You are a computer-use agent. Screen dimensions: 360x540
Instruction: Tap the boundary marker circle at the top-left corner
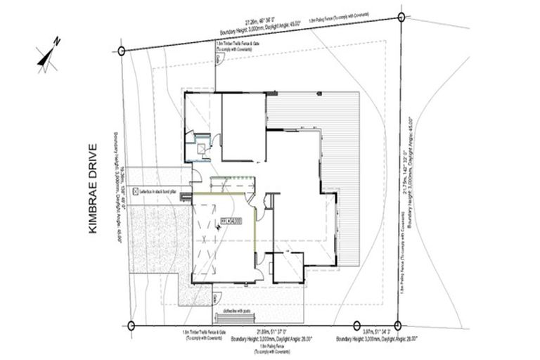[122, 51]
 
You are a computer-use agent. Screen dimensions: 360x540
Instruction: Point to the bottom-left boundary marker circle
[131, 325]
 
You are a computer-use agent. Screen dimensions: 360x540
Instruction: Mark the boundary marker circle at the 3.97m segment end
[397, 325]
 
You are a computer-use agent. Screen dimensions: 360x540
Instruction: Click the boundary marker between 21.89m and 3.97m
[349, 325]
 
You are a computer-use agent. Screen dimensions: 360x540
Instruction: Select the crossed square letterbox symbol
[135, 191]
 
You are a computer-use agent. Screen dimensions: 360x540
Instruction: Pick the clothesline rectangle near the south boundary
[245, 317]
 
